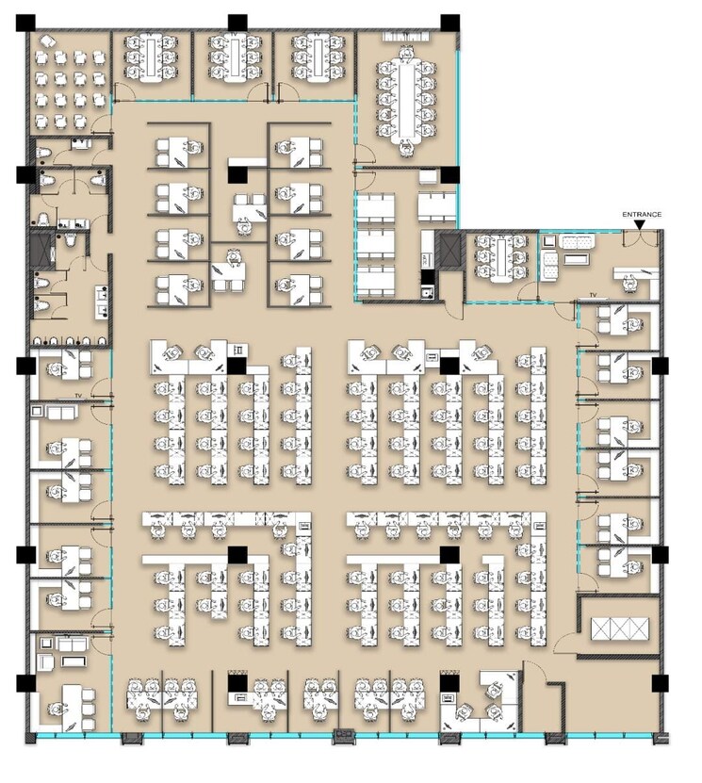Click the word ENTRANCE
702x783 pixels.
[x=641, y=215]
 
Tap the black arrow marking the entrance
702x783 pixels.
[x=641, y=224]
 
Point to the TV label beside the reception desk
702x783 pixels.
[x=594, y=296]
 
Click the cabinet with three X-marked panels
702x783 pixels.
[x=619, y=628]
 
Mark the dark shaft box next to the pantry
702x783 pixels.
[x=449, y=250]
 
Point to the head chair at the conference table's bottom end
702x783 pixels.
[x=407, y=148]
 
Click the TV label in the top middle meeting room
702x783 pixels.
[x=233, y=35]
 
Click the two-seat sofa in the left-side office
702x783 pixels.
[x=57, y=412]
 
